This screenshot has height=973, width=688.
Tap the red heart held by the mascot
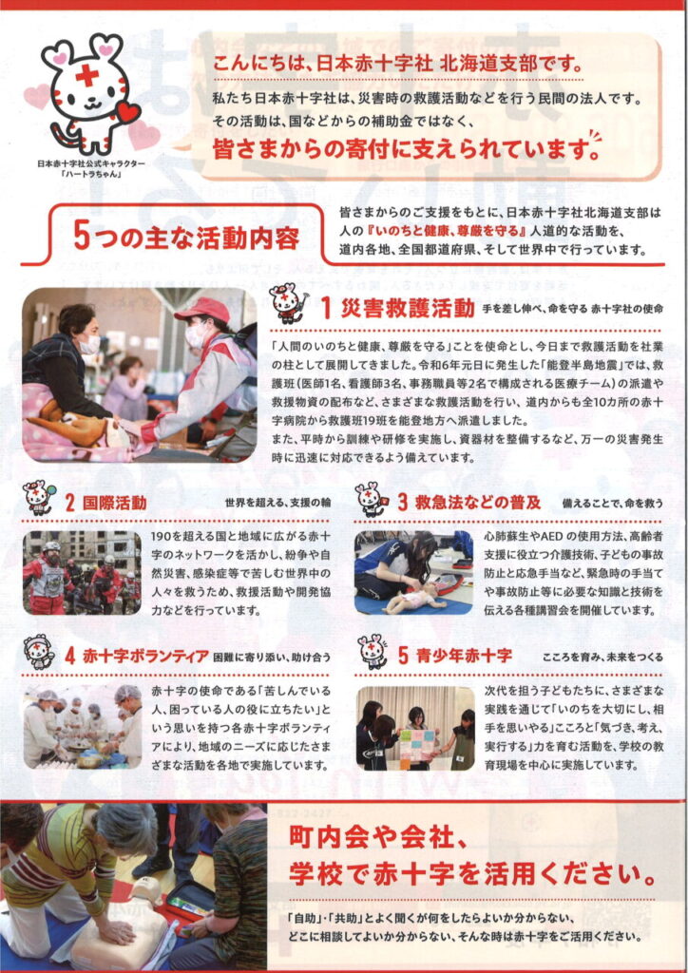(x=127, y=113)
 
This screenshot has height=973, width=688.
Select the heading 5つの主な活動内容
(x=186, y=237)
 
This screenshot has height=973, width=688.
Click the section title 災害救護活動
(x=408, y=309)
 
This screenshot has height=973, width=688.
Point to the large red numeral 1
(x=326, y=309)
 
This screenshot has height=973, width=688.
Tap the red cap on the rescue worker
(x=201, y=310)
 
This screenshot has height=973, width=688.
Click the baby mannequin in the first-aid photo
(x=415, y=599)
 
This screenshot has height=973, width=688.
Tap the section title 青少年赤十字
(x=464, y=656)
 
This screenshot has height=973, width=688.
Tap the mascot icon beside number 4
(x=38, y=652)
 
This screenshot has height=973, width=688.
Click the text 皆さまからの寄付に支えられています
(x=399, y=149)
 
